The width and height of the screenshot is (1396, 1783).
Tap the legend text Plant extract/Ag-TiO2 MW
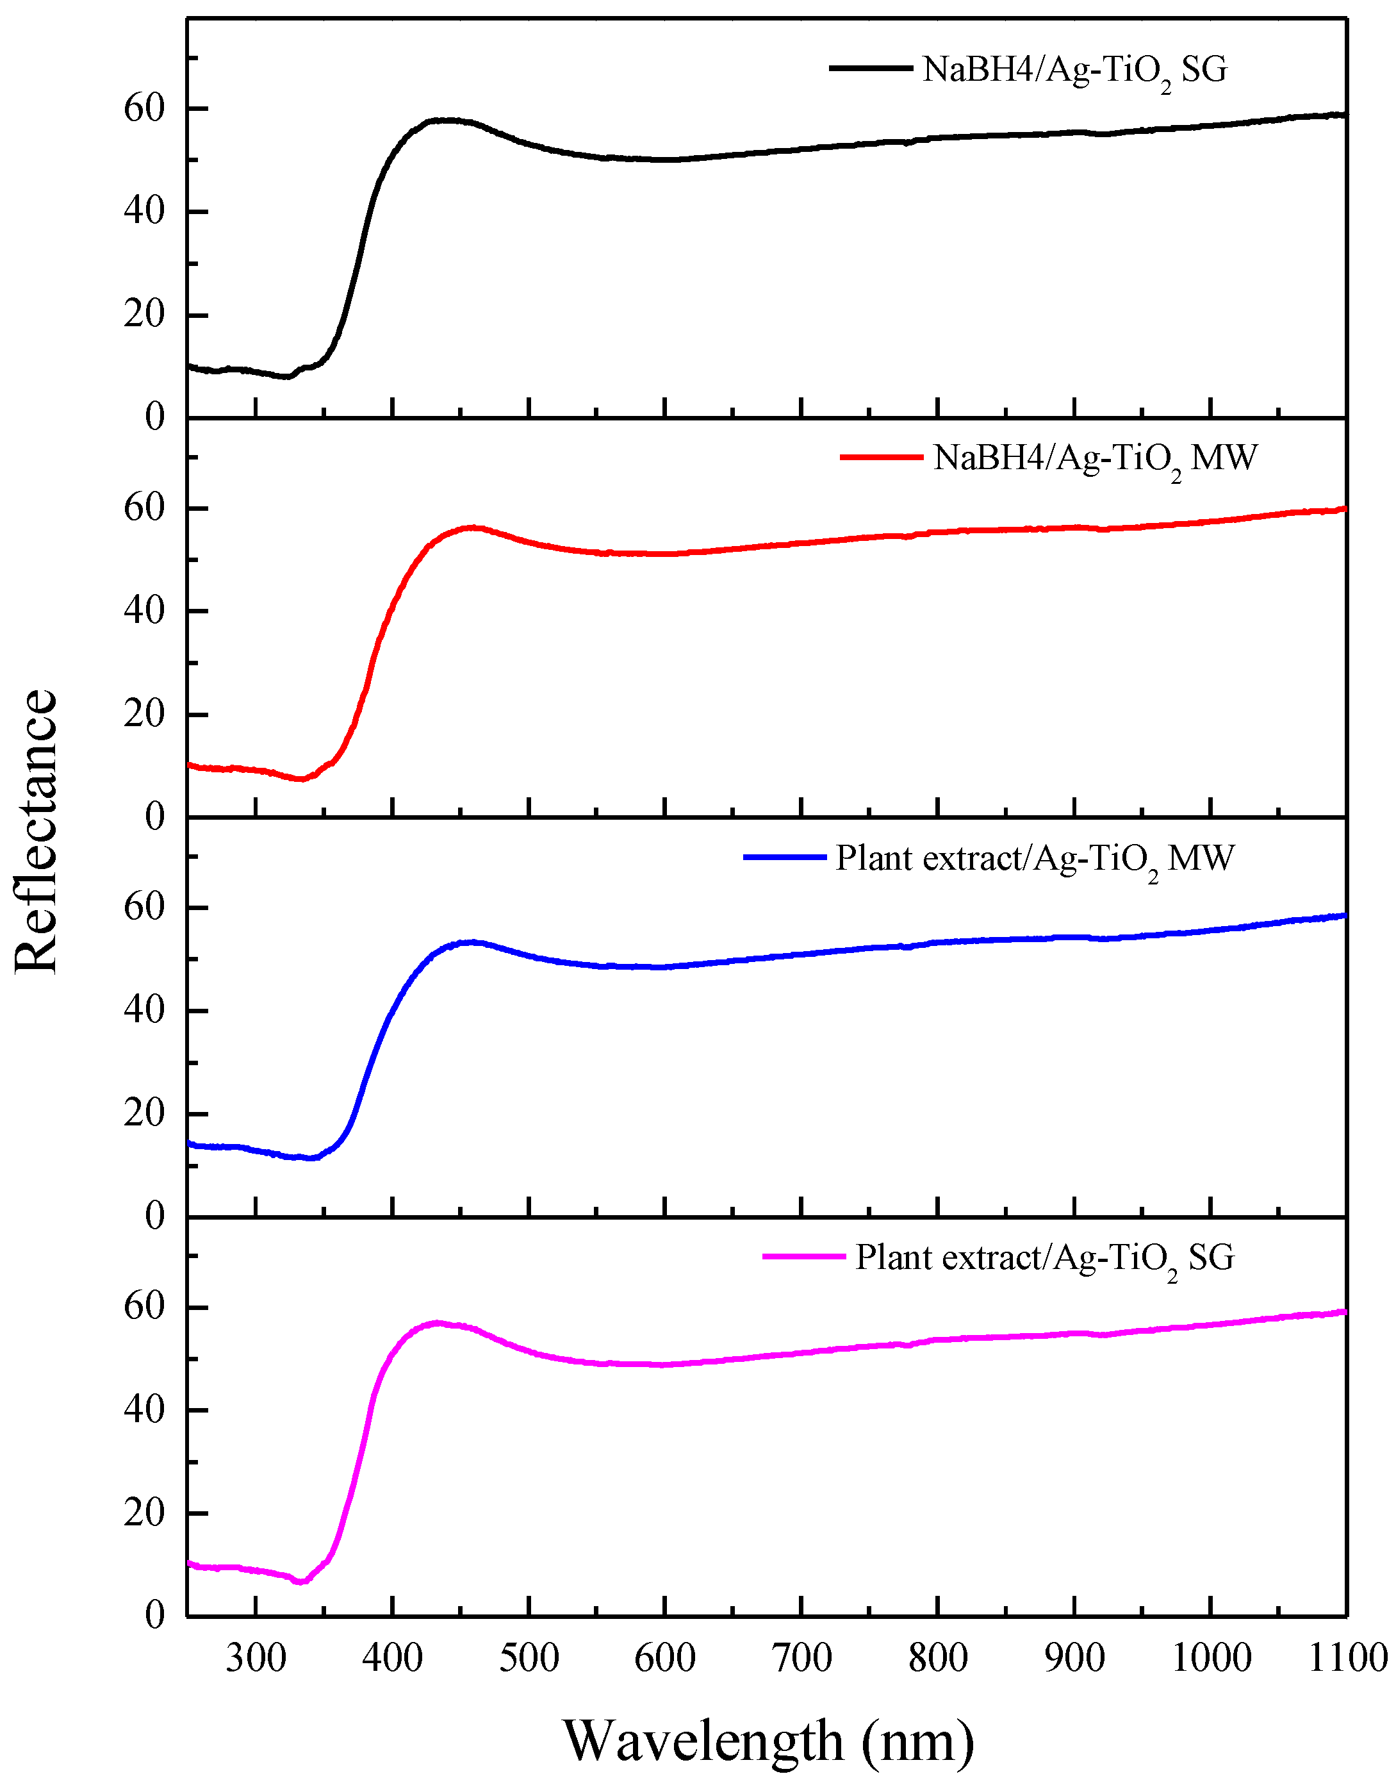(1034, 858)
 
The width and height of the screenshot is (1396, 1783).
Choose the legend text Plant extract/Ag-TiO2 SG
(1044, 1258)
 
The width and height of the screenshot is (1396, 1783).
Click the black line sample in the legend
(871, 69)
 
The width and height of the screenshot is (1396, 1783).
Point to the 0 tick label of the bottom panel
(154, 1616)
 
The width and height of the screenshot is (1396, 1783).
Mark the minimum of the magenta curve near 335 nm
(300, 1582)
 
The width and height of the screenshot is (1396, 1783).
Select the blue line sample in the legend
(785, 857)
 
